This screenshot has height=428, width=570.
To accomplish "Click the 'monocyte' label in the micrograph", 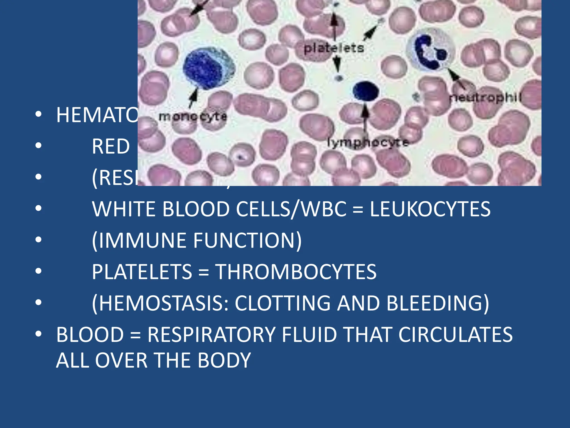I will pyautogui.click(x=193, y=116).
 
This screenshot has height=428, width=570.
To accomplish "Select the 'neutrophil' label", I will pyautogui.click(x=485, y=98).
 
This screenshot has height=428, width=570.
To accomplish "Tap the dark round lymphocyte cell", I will pyautogui.click(x=365, y=91).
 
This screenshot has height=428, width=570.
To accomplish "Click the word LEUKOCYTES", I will pyautogui.click(x=430, y=209).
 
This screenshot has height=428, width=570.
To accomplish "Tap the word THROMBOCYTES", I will pyautogui.click(x=296, y=272).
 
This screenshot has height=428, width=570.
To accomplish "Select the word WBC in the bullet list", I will pyautogui.click(x=324, y=209).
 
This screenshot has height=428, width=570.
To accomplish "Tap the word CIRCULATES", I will pyautogui.click(x=455, y=335).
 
